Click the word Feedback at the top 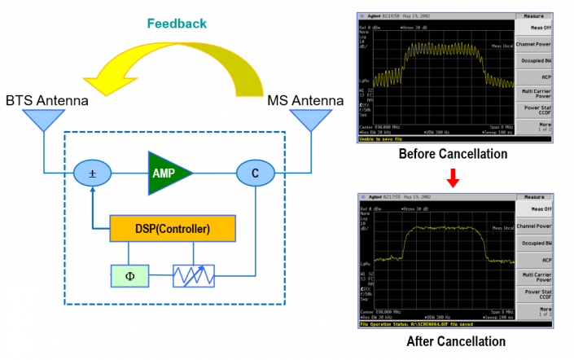(x=176, y=23)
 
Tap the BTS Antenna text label (x=46, y=101)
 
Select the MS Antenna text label (x=305, y=101)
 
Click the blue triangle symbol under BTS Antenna (x=37, y=121)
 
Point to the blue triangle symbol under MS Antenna (x=308, y=121)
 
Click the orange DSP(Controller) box (x=173, y=229)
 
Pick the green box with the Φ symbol (x=131, y=275)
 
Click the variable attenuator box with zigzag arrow (x=195, y=275)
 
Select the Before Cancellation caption (x=454, y=154)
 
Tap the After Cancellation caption (x=456, y=341)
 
